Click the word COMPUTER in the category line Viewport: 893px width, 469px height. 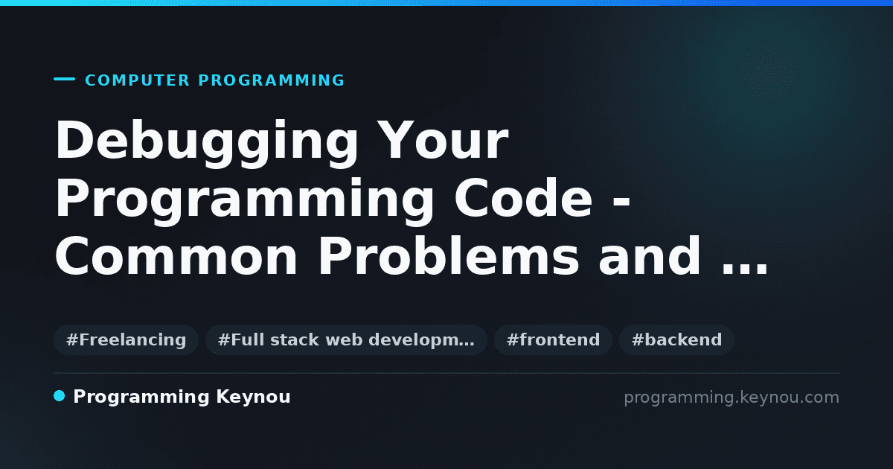138,80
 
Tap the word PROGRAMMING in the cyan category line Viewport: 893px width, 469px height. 272,80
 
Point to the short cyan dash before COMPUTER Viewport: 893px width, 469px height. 64,79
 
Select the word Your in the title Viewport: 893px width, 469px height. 443,140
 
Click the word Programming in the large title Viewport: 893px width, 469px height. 244,202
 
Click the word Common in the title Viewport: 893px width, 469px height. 176,255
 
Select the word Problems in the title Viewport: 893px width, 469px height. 449,255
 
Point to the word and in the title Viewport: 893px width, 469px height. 650,255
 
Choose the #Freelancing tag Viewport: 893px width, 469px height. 126,339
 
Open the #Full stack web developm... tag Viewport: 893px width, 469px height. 346,339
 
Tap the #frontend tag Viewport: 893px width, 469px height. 553,339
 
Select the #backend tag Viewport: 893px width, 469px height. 676,339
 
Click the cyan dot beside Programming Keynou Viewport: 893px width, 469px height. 60,396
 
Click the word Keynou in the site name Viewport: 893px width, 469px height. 253,397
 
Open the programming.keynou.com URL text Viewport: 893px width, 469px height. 732,398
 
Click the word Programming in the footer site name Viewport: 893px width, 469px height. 141,398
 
